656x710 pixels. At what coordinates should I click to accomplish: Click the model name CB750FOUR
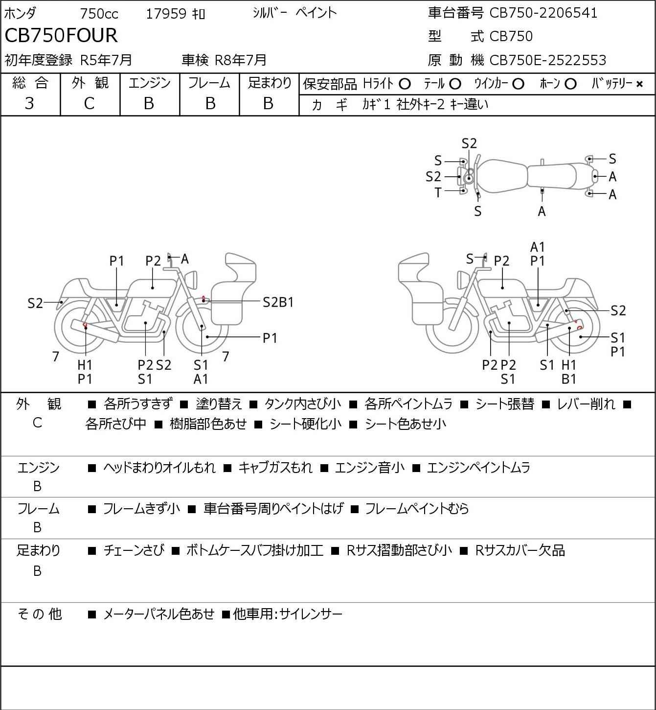[x=61, y=35]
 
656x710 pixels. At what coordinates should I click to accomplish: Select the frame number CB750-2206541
[x=543, y=13]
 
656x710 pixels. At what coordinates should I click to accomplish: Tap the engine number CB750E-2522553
[x=548, y=60]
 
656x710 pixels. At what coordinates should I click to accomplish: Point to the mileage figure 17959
[x=166, y=14]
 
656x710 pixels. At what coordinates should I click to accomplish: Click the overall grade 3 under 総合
[x=29, y=103]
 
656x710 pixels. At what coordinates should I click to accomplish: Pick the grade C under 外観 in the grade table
[x=89, y=104]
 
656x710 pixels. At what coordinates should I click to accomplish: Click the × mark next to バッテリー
[x=639, y=84]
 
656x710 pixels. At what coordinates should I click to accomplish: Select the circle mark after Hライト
[x=405, y=84]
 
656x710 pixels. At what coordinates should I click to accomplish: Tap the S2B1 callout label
[x=278, y=303]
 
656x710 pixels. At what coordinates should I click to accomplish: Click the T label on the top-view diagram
[x=438, y=193]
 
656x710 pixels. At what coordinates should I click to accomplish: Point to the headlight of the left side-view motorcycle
[x=191, y=280]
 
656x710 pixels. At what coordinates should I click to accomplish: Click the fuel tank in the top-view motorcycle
[x=502, y=176]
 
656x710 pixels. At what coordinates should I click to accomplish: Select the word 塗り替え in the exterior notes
[x=219, y=404]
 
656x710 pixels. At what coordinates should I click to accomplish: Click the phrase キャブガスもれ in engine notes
[x=275, y=468]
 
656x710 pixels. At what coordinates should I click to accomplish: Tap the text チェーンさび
[x=134, y=550]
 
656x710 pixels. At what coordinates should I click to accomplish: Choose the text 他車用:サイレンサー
[x=288, y=614]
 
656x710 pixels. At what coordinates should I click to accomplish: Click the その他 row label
[x=40, y=614]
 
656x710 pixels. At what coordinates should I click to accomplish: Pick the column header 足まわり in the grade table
[x=270, y=83]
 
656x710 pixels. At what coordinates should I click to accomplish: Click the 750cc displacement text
[x=99, y=14]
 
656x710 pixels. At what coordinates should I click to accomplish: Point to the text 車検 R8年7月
[x=224, y=60]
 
